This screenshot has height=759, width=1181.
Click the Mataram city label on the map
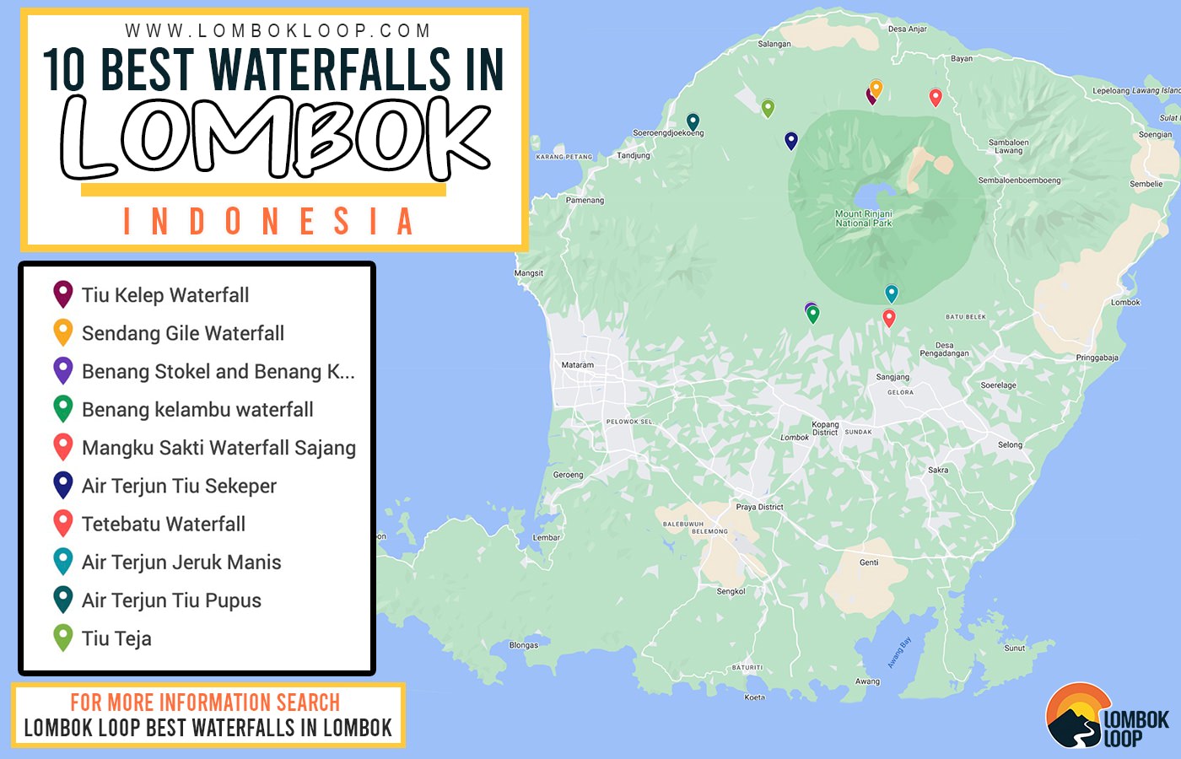point(578,365)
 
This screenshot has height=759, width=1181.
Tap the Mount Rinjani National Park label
point(863,218)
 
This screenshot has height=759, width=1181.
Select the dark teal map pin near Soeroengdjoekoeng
point(693,121)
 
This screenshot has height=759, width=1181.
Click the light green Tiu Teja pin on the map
point(768,107)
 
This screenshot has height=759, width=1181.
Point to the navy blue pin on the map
point(790,140)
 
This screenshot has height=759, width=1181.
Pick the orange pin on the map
point(876,87)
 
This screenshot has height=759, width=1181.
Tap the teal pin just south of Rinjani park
point(892,293)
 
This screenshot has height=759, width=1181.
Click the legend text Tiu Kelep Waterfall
point(165,295)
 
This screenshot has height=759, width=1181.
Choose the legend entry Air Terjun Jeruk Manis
point(181,563)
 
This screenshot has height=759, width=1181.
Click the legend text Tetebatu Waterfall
point(164,525)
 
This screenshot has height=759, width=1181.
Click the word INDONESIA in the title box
point(268,222)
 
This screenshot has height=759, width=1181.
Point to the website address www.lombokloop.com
point(278,30)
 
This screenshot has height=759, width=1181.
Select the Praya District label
point(759,507)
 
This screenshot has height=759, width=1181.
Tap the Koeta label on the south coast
point(754,697)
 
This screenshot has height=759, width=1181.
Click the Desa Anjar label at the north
point(907,29)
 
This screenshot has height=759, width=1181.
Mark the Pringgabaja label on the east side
point(1097,358)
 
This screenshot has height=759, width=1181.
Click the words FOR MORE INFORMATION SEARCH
point(205,702)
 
